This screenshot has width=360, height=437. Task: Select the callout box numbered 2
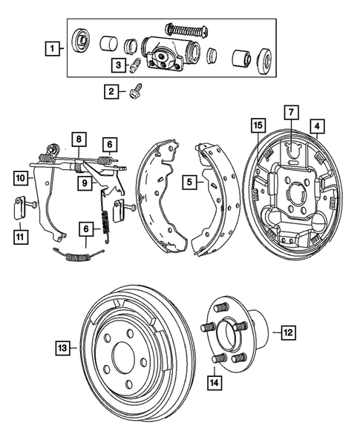(111, 92)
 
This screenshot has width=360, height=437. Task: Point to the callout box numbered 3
(118, 66)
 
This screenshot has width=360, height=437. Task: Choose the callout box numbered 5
(190, 180)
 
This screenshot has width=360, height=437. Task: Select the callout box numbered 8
(77, 139)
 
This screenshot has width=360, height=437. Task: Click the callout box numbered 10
(20, 178)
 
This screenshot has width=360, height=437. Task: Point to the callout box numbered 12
(287, 333)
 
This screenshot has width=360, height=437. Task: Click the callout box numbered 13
(62, 346)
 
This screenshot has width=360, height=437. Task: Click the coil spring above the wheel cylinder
(185, 30)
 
